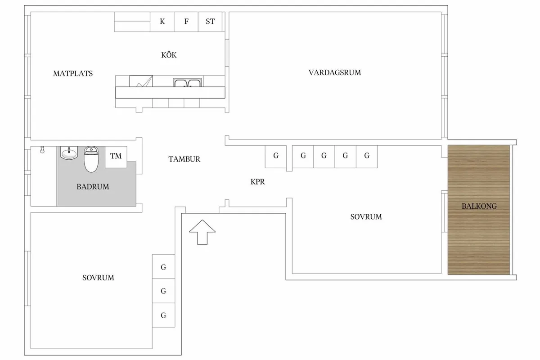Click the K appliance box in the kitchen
tap(162, 22)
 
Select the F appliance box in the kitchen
tap(186, 22)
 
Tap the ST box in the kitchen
tap(210, 22)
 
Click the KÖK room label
tap(169, 55)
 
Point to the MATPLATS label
tap(73, 73)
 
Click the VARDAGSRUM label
tap(334, 72)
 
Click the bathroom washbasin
tap(69, 153)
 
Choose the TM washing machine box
tap(116, 157)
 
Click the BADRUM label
tap(93, 186)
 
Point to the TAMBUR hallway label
tap(184, 159)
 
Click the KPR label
tap(258, 182)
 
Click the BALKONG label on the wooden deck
tap(479, 207)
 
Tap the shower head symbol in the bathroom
tap(42, 149)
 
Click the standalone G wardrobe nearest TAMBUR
tap(276, 157)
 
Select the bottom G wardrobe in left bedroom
tap(163, 315)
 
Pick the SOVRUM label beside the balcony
tap(366, 217)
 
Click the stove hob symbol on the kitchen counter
tap(141, 81)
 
